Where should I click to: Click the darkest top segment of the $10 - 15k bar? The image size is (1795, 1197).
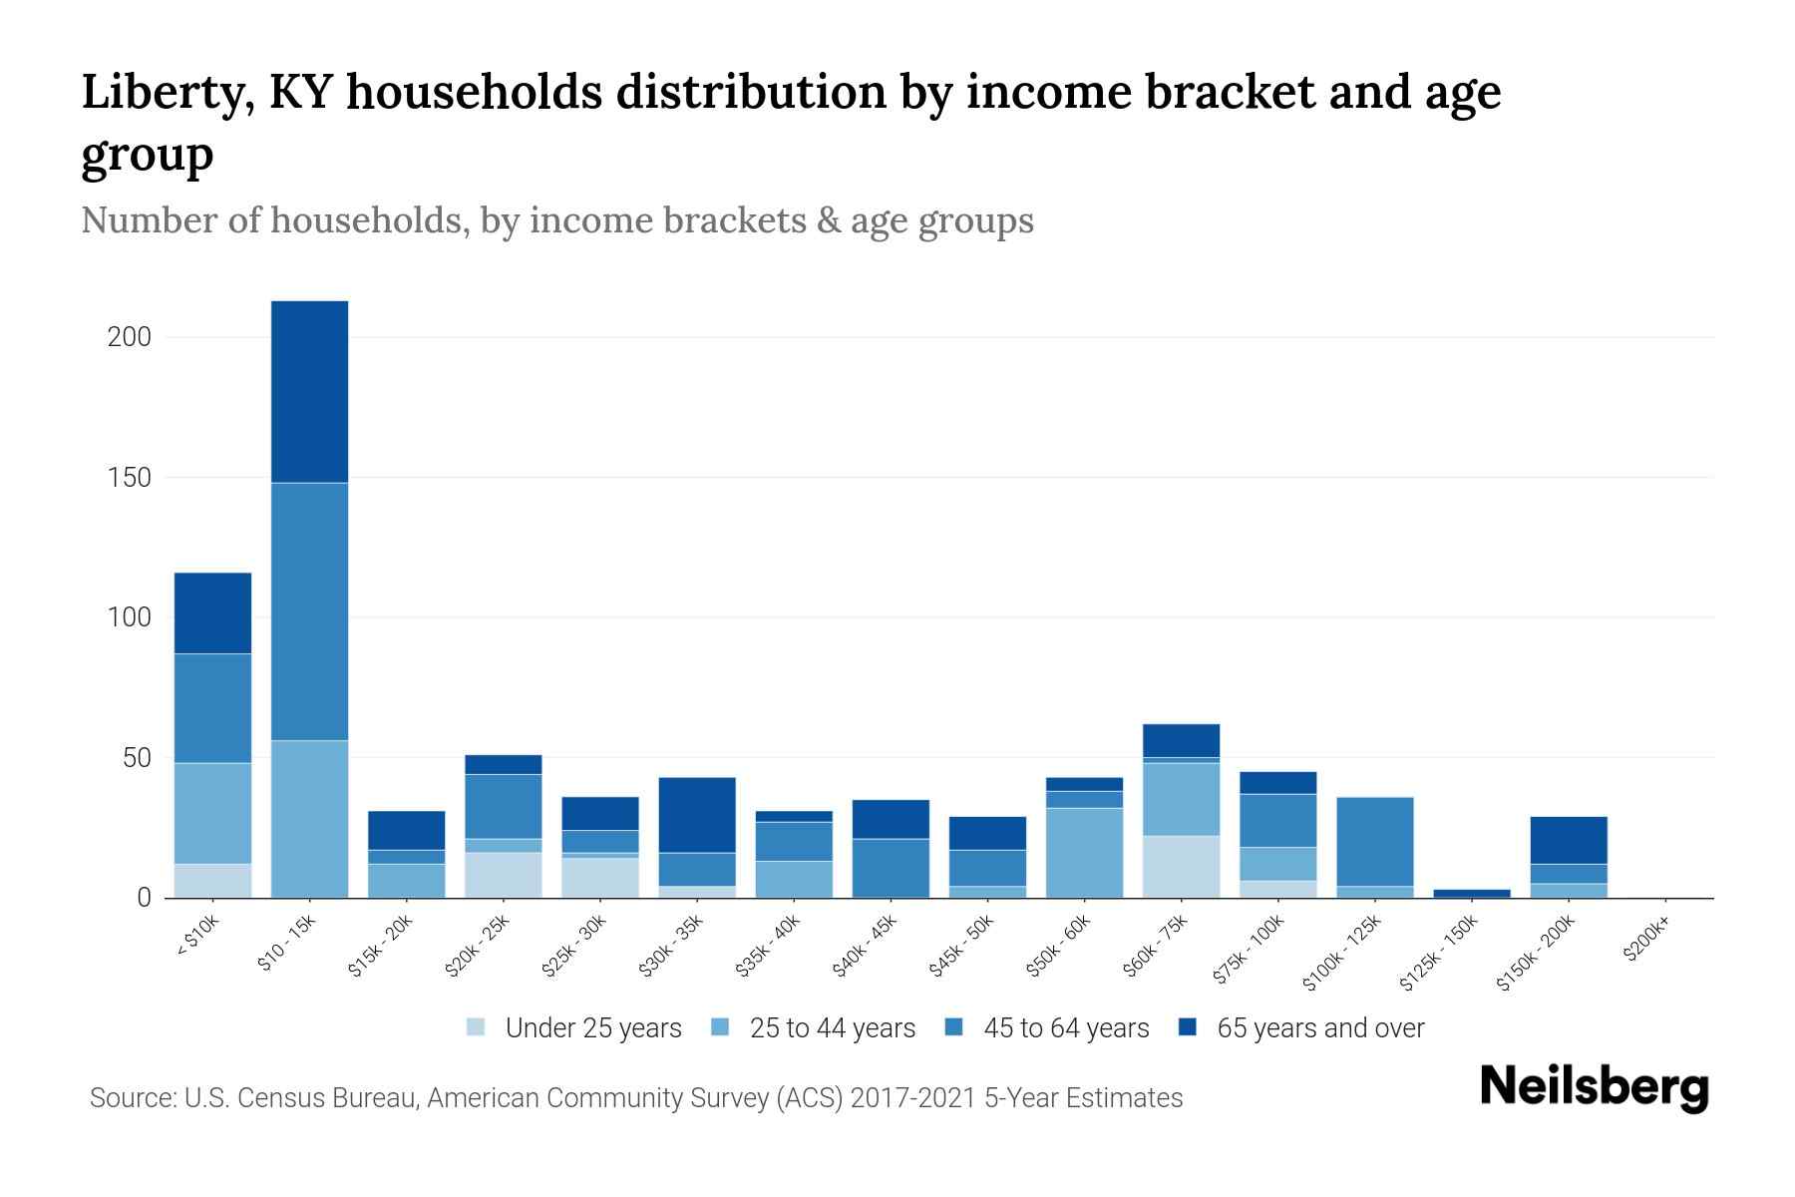coord(310,391)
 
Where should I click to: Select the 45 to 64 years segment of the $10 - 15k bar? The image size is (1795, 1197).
coord(310,610)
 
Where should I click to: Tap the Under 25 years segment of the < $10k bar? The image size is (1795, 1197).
coord(212,881)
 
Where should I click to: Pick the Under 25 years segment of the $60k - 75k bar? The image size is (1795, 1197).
coord(1181,867)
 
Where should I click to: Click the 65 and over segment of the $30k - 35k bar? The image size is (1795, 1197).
coord(697,815)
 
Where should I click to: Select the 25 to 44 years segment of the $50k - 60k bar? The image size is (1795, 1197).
coord(1084,853)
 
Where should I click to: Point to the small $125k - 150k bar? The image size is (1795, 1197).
coord(1472,893)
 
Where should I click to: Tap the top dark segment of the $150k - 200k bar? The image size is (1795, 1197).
coord(1569,840)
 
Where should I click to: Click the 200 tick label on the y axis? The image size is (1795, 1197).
coord(130,337)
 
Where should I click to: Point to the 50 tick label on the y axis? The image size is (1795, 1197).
coord(137,758)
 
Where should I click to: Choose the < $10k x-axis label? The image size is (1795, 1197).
coord(197,938)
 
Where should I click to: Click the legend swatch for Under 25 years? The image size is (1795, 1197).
coord(477,1026)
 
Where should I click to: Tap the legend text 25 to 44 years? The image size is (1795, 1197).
coord(832,1027)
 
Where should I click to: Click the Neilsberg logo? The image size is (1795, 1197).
coord(1594,1087)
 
